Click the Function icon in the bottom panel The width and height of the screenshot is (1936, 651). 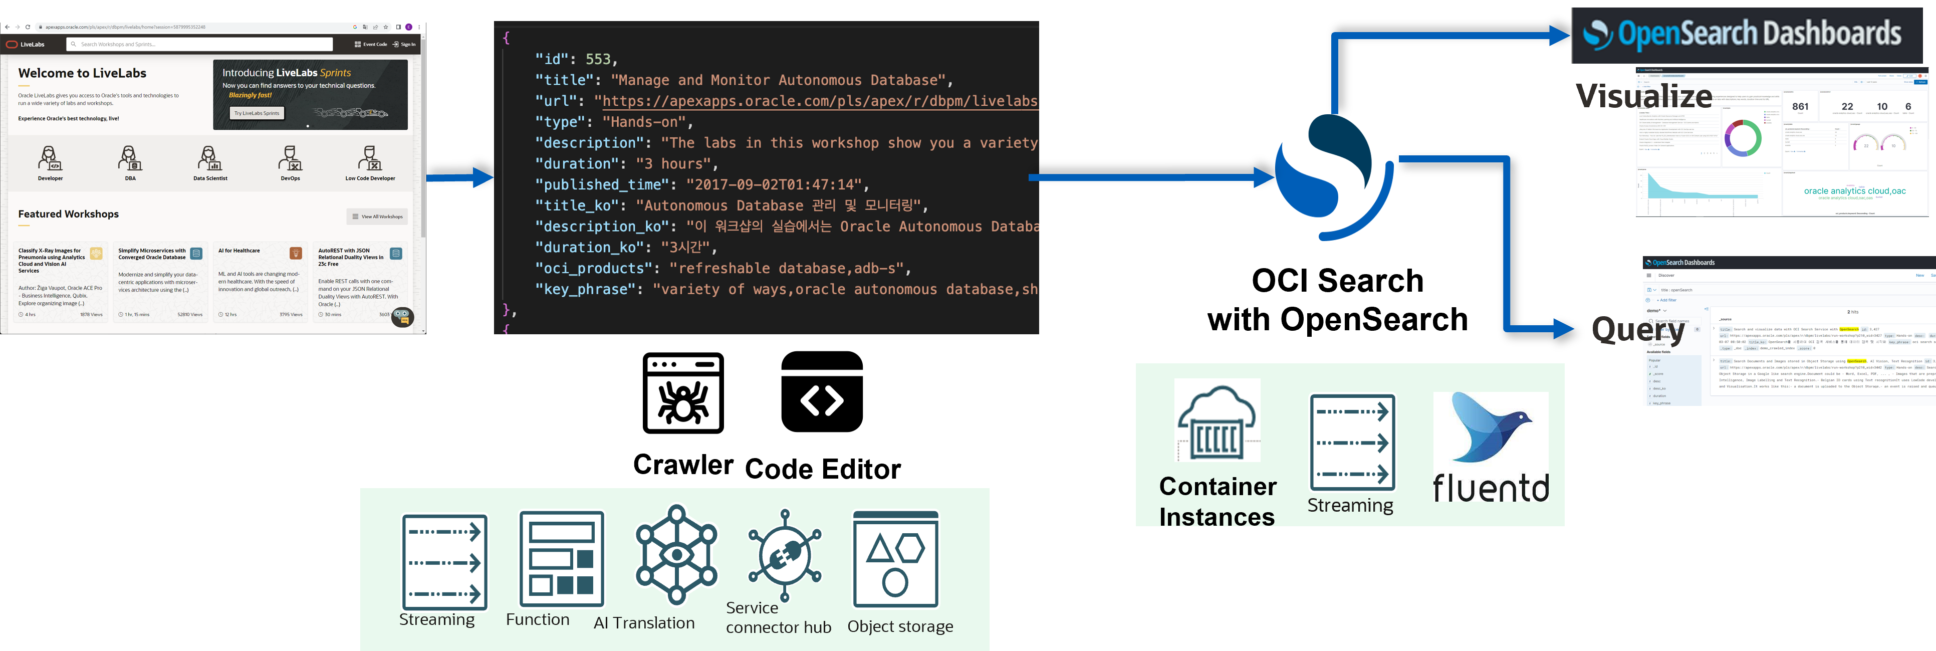click(561, 558)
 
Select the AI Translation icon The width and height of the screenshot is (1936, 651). click(676, 555)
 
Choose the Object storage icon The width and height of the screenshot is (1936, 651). click(895, 558)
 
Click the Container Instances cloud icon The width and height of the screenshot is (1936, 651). click(1217, 421)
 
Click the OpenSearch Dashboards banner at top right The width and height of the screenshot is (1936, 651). click(1745, 35)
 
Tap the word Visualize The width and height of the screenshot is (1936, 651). click(1643, 96)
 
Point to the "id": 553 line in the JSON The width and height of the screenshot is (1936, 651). click(576, 59)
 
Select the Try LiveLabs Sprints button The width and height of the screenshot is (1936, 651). click(257, 113)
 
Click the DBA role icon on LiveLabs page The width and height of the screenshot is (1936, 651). click(130, 159)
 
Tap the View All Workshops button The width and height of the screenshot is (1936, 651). click(378, 216)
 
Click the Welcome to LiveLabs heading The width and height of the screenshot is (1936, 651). click(82, 73)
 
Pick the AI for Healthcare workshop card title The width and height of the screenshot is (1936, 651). click(239, 251)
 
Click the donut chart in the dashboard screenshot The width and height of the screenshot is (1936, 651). click(1742, 138)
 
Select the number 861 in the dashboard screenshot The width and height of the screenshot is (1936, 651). click(1800, 106)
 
